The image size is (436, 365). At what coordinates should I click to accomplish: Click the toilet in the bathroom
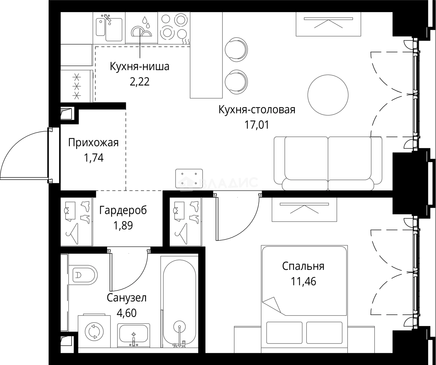(x=84, y=275)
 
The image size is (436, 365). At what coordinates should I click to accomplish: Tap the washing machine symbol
(x=92, y=331)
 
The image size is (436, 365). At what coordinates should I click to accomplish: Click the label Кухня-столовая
(x=257, y=110)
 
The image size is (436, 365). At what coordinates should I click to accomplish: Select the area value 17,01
(x=257, y=124)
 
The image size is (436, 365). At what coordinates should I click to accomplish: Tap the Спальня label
(x=303, y=266)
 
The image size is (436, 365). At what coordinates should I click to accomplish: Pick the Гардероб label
(x=123, y=210)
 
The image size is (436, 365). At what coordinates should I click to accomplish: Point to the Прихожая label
(x=93, y=143)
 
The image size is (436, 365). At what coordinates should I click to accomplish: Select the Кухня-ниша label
(x=139, y=66)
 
